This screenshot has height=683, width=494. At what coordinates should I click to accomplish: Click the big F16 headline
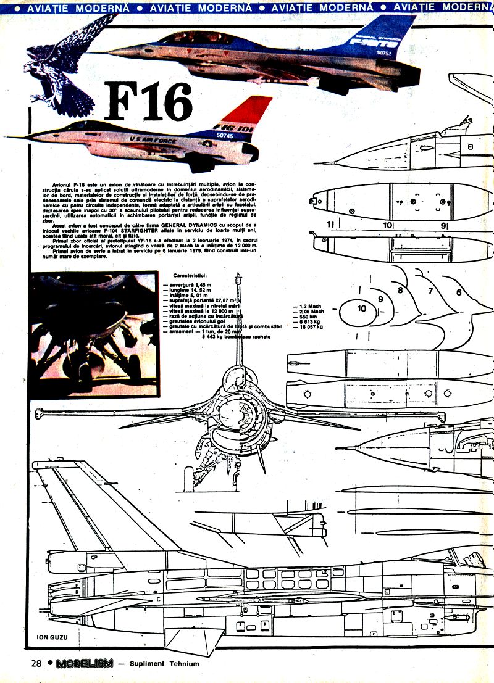148,102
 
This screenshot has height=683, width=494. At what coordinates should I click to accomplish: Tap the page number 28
35,663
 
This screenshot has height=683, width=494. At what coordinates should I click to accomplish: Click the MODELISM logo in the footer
84,664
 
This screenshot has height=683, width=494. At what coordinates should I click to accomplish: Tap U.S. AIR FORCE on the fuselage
152,140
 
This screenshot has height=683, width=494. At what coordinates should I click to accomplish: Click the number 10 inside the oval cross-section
361,308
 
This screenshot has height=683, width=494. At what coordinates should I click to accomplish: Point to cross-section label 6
459,292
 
